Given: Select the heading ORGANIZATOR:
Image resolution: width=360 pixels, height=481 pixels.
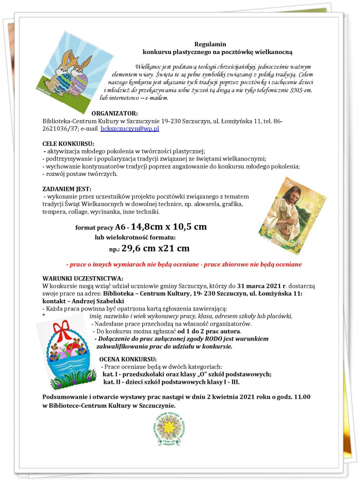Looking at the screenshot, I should [114, 113].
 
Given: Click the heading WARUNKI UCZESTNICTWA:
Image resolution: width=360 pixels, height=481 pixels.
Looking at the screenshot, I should [83, 279].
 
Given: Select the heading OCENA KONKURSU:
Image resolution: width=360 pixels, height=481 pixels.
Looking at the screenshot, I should [127, 359].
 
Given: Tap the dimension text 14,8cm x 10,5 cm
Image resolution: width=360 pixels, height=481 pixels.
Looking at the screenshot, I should [169, 227].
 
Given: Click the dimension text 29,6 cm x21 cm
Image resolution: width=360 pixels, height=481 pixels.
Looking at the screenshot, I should [155, 248].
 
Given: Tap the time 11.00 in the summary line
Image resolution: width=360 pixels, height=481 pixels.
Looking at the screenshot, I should [301, 397].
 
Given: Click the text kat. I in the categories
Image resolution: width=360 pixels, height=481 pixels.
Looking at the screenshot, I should [110, 374].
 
